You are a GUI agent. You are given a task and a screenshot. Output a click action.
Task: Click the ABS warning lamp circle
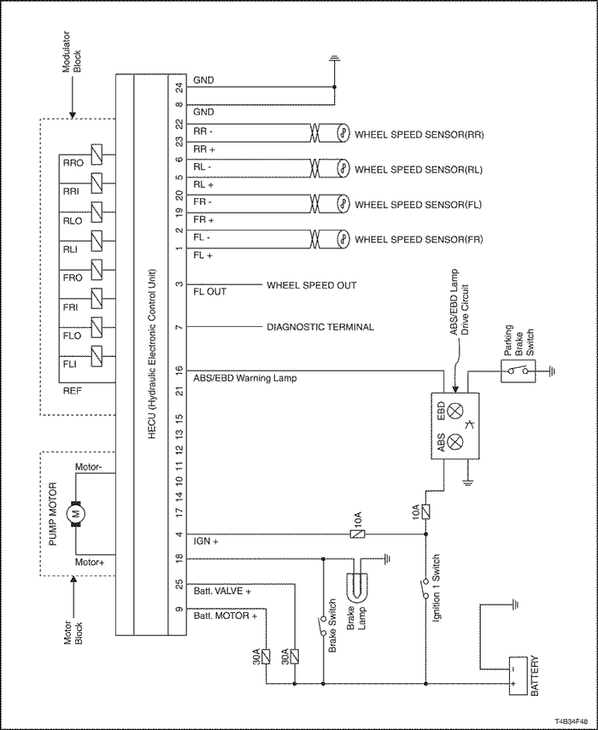click(455, 441)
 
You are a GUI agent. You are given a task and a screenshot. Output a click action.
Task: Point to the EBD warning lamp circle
click(455, 408)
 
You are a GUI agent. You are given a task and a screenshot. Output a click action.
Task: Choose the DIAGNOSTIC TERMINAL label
click(320, 327)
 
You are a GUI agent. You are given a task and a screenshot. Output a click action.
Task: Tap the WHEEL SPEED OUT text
click(311, 285)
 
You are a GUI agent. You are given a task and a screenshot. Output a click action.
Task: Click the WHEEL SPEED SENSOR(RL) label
click(419, 170)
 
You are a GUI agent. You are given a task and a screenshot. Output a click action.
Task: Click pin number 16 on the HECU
click(179, 370)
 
